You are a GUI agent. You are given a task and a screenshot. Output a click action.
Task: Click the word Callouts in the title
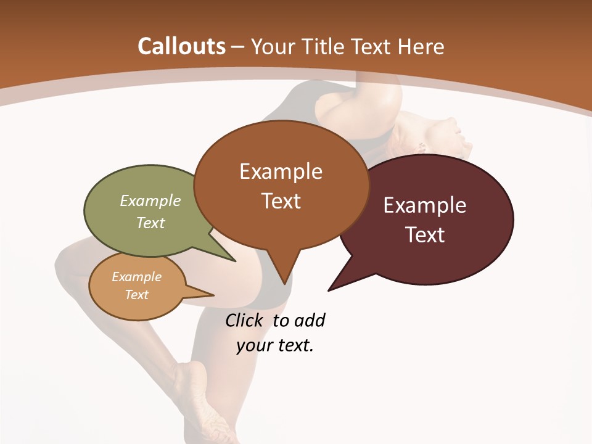click(x=181, y=46)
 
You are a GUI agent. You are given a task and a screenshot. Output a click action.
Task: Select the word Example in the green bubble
click(x=150, y=200)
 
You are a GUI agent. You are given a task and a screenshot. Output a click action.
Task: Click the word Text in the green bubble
click(x=150, y=223)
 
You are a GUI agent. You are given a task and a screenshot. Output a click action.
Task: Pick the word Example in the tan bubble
click(x=136, y=277)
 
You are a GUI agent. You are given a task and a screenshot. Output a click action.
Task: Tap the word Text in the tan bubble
click(x=136, y=295)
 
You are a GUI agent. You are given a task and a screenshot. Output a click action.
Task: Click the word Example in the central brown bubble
click(x=281, y=171)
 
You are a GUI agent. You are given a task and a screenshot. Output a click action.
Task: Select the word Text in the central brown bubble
click(x=281, y=201)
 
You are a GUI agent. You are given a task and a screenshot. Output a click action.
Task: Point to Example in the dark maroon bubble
click(x=425, y=205)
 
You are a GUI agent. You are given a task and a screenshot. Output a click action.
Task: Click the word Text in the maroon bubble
click(x=425, y=235)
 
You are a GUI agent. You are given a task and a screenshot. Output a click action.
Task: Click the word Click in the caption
click(x=244, y=321)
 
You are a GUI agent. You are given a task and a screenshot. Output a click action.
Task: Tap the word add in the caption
click(x=310, y=321)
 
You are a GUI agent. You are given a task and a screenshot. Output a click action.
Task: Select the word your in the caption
click(x=252, y=345)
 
